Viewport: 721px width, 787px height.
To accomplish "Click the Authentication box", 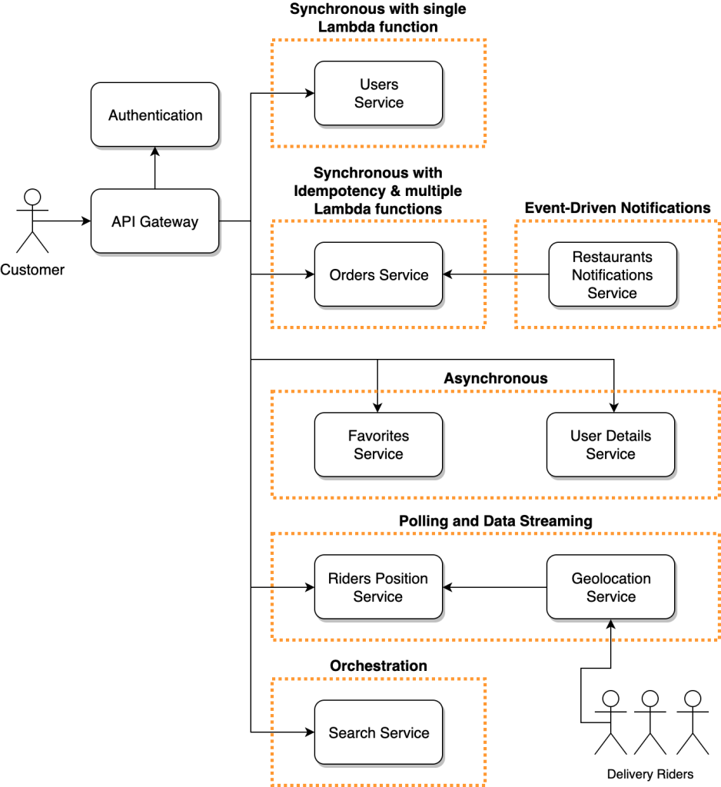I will [x=154, y=115].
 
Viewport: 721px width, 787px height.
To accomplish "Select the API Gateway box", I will [x=154, y=222].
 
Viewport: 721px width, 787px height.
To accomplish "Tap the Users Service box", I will [x=378, y=94].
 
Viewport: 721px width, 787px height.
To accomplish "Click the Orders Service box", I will [x=378, y=275].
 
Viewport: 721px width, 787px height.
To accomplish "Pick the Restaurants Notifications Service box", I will [x=612, y=275].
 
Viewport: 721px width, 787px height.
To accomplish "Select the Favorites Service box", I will [x=378, y=445].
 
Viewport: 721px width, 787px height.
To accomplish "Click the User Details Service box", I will [x=610, y=445].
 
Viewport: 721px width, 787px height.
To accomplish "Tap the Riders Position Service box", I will [x=378, y=588].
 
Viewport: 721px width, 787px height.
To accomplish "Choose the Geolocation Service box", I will [x=610, y=588].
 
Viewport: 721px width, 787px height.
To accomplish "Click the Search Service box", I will [x=378, y=733].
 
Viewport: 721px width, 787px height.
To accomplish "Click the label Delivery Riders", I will [x=650, y=774].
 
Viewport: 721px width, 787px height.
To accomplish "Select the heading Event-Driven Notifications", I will [x=617, y=208].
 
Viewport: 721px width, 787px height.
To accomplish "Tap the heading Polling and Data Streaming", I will [x=495, y=521].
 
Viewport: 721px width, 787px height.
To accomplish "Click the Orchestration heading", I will [x=378, y=666].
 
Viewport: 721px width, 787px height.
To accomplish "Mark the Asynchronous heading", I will [x=495, y=378].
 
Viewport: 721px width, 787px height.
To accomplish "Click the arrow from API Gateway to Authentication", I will [x=154, y=168].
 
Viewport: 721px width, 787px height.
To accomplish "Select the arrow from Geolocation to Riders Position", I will [x=494, y=588].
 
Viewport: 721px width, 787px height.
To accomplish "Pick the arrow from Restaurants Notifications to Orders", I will [x=495, y=275].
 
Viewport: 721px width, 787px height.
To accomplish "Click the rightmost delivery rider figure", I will [x=693, y=722].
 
